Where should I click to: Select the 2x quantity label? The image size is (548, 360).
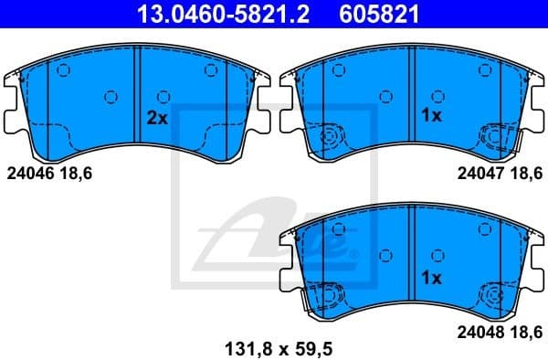coord(157,118)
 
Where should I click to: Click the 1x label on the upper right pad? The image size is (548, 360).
coord(431,116)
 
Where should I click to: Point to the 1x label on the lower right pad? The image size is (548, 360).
coord(431,276)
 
